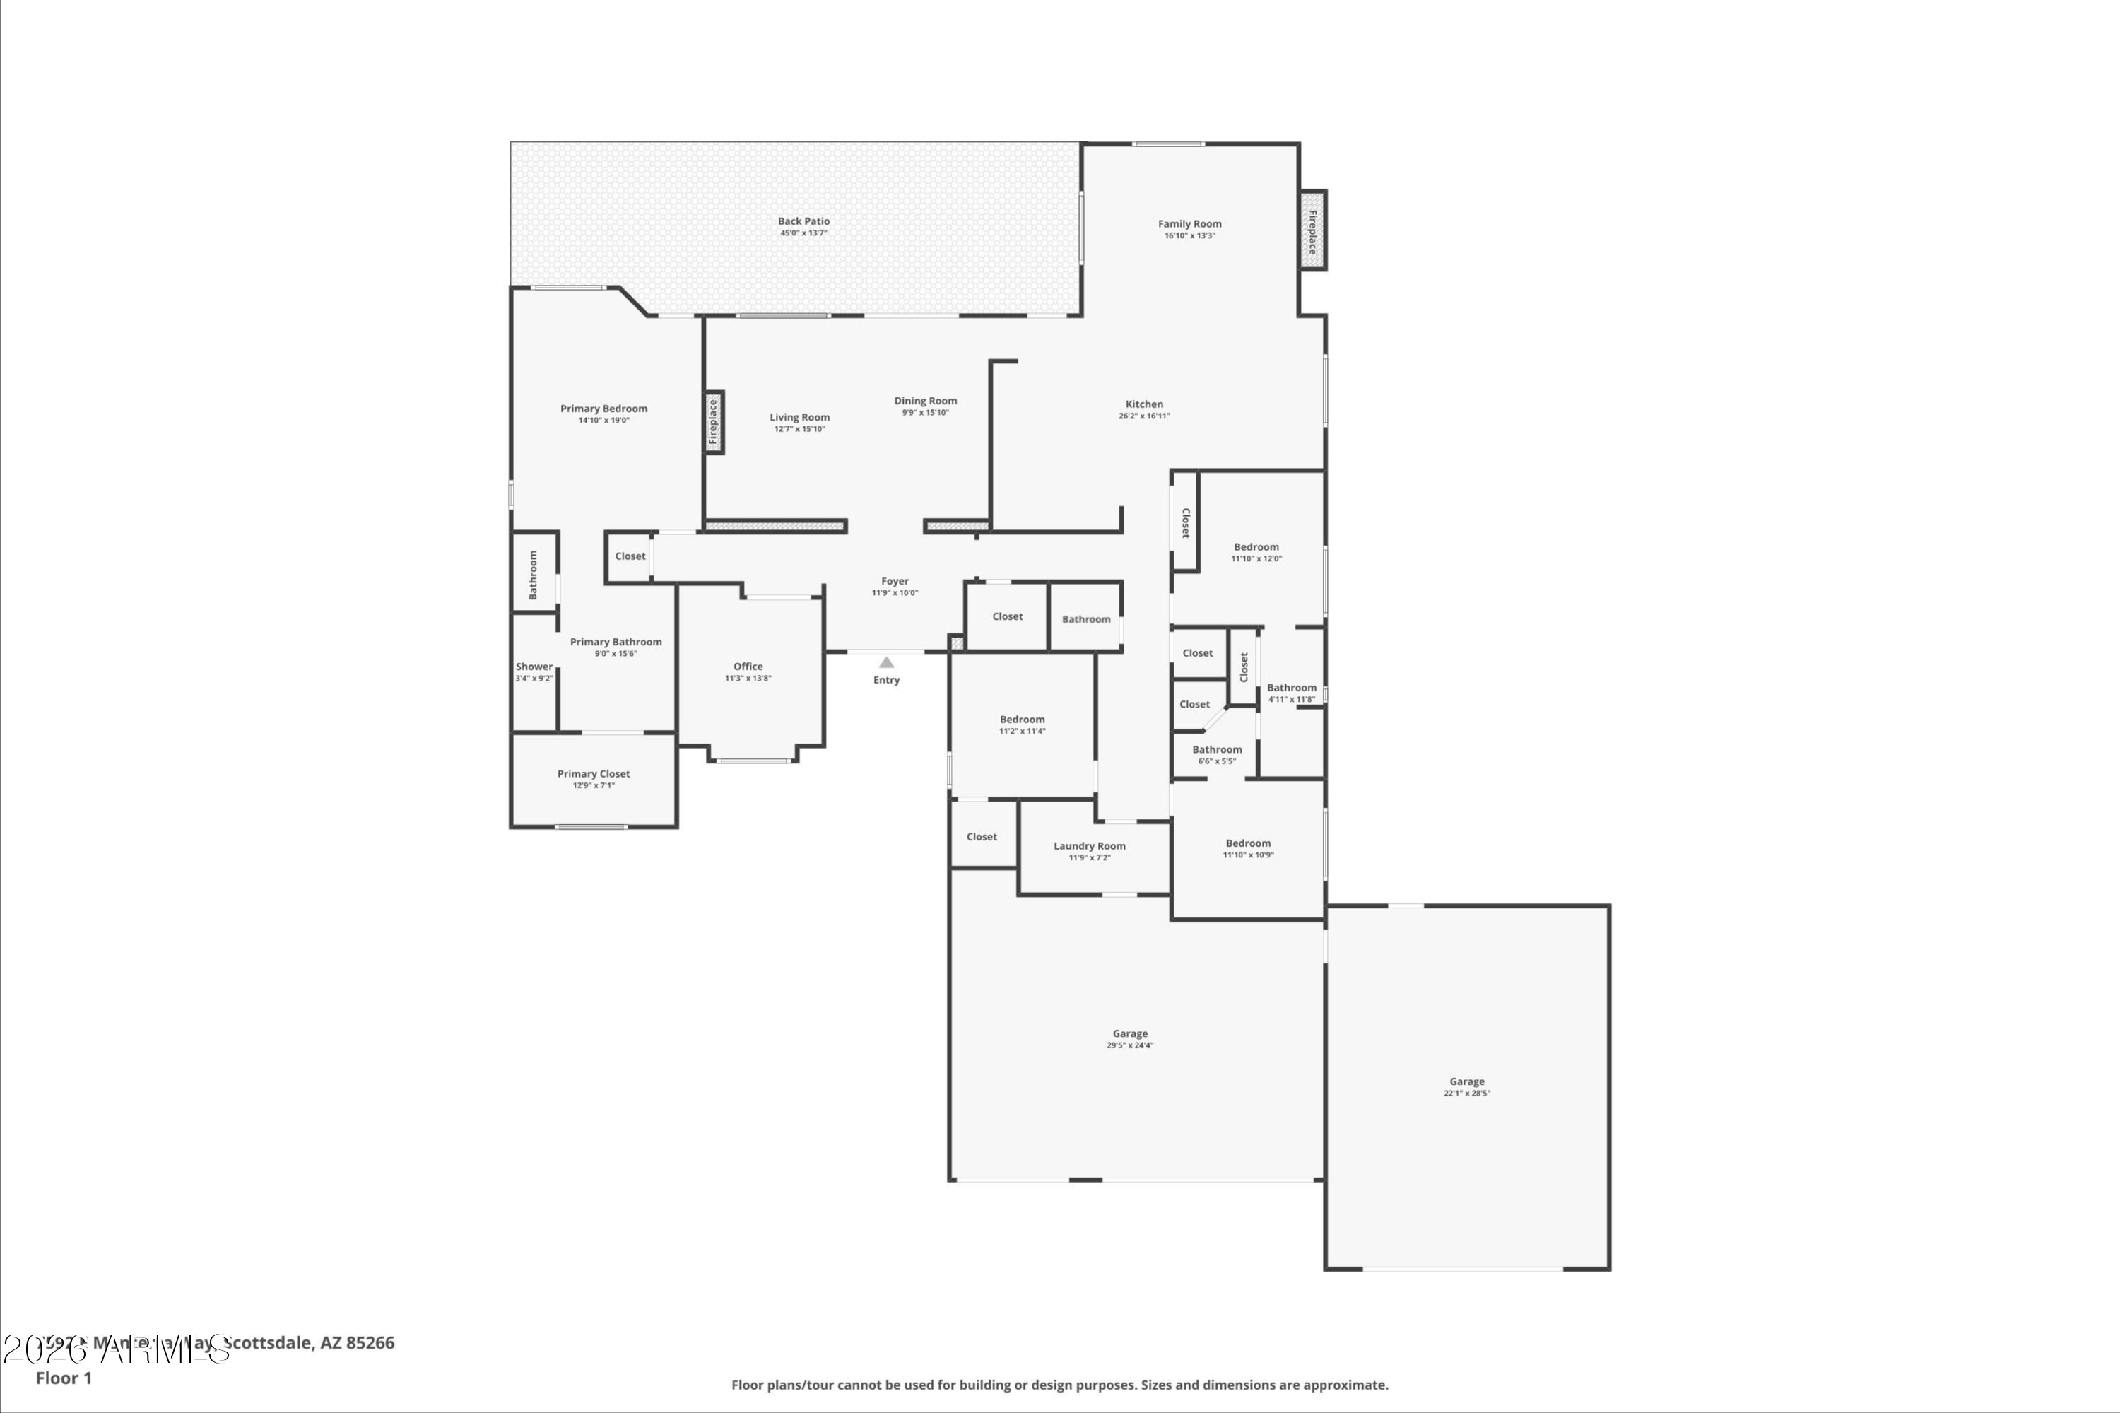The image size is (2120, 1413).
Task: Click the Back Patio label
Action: point(803,221)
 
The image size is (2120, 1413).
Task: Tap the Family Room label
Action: point(1189,223)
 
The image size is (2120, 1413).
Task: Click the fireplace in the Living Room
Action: point(714,422)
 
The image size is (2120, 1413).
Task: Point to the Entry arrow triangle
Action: point(887,662)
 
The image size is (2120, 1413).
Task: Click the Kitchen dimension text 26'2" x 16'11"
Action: point(1144,416)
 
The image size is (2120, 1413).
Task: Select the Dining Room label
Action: point(925,401)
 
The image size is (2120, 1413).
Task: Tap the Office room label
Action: point(748,666)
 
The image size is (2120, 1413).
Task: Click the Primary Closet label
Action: point(593,773)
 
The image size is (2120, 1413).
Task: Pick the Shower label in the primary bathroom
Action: point(534,667)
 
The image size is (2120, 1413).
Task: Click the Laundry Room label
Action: point(1089,845)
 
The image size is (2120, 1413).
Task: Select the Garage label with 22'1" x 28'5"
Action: point(1467,1081)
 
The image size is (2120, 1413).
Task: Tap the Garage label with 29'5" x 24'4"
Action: point(1130,1033)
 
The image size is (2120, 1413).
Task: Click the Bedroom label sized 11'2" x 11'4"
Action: point(1022,719)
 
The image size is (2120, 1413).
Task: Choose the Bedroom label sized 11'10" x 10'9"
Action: point(1248,843)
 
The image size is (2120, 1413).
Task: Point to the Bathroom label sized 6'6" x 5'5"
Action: point(1216,749)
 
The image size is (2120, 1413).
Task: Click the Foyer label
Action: point(895,581)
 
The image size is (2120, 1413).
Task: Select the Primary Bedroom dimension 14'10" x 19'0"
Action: point(603,421)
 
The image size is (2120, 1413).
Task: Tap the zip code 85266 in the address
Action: point(370,1343)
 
